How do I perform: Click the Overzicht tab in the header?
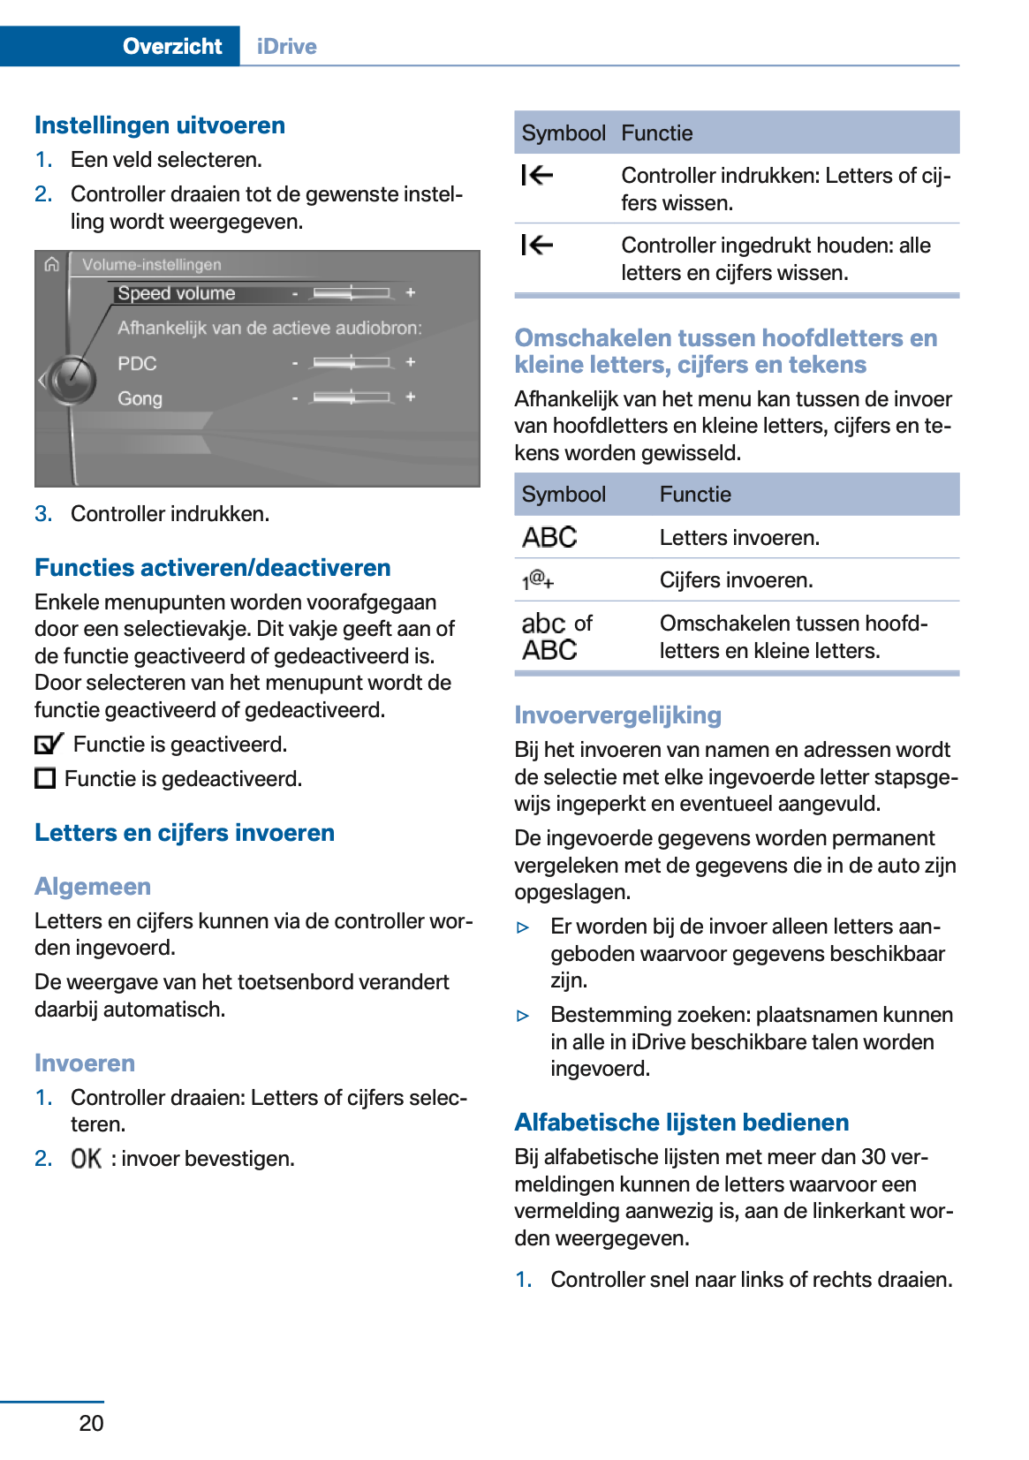pyautogui.click(x=171, y=46)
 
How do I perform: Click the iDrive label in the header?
pyautogui.click(x=286, y=46)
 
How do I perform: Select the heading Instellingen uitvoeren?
pyautogui.click(x=160, y=125)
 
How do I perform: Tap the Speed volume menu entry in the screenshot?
pyautogui.click(x=177, y=293)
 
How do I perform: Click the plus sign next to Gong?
pyautogui.click(x=410, y=397)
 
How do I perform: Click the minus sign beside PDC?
pyautogui.click(x=295, y=363)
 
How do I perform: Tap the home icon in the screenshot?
pyautogui.click(x=52, y=264)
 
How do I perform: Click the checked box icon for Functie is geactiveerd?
pyautogui.click(x=49, y=744)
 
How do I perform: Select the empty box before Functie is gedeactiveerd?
pyautogui.click(x=45, y=778)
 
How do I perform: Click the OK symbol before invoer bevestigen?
pyautogui.click(x=87, y=1158)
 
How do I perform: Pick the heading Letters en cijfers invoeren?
pyautogui.click(x=185, y=833)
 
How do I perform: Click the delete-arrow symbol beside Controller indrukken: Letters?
pyautogui.click(x=537, y=176)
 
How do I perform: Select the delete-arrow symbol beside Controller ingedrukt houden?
pyautogui.click(x=537, y=245)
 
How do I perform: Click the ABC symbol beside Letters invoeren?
pyautogui.click(x=549, y=537)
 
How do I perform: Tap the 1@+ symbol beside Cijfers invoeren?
pyautogui.click(x=537, y=580)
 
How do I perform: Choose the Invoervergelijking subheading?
pyautogui.click(x=617, y=715)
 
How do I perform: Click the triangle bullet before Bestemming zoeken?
pyautogui.click(x=523, y=1016)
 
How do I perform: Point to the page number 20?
pyautogui.click(x=91, y=1423)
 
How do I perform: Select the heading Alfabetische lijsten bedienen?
pyautogui.click(x=681, y=1123)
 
